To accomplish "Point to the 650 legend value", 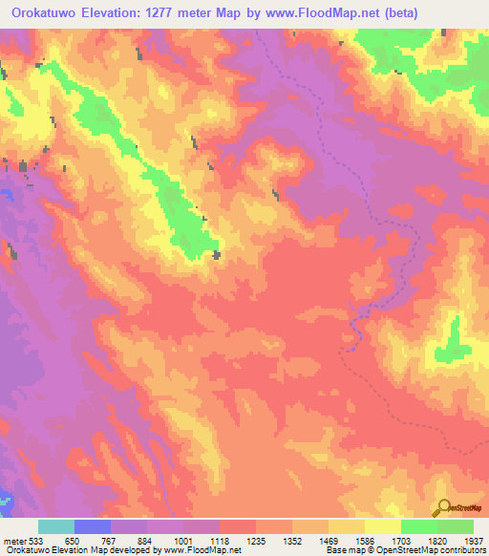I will (74, 540).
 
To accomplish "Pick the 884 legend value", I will (146, 540).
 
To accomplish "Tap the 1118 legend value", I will (219, 540).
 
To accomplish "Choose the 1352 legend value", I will (290, 540).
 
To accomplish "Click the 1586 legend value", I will (363, 540).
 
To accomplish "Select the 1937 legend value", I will (473, 540).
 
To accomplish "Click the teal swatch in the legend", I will (56, 526).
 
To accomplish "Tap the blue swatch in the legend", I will (93, 526).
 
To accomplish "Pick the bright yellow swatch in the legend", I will (382, 526).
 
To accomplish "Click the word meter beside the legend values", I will (12, 540).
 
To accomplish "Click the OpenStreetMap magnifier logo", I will (441, 507).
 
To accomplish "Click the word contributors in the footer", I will (454, 550).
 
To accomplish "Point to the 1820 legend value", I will (436, 540).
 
